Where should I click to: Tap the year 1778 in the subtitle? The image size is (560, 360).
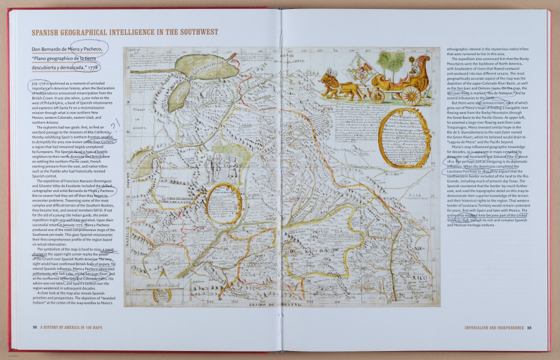click(x=97, y=68)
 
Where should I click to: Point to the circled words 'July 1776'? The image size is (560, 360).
click(x=35, y=81)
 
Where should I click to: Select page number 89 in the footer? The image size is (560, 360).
click(x=529, y=327)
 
